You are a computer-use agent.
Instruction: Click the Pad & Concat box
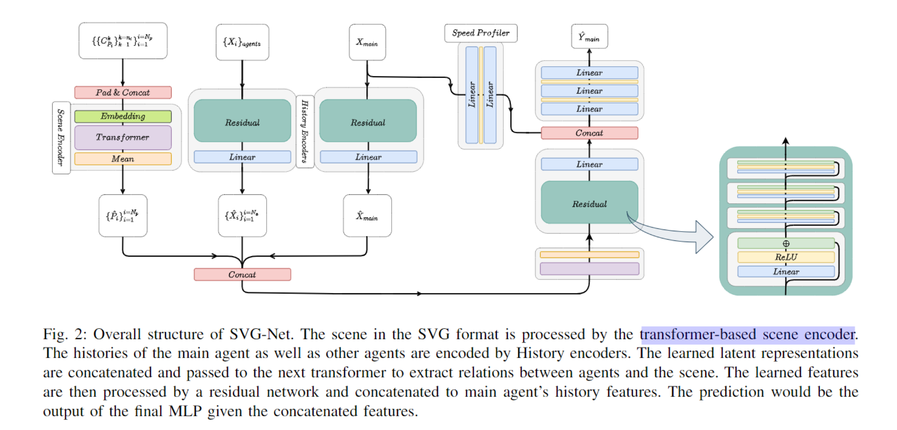click(x=123, y=93)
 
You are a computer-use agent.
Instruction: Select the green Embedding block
click(x=123, y=116)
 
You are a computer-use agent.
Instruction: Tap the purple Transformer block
click(x=123, y=137)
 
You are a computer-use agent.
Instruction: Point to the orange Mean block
click(x=123, y=159)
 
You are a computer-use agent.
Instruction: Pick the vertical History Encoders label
click(x=305, y=131)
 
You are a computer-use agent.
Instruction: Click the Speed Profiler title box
click(x=480, y=33)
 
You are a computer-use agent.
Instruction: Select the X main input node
click(x=367, y=42)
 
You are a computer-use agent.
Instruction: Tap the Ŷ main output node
click(x=589, y=37)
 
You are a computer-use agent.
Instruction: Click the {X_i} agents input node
click(x=242, y=42)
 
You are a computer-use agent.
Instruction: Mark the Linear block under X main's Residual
click(x=368, y=157)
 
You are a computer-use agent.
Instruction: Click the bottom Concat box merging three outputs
click(x=242, y=275)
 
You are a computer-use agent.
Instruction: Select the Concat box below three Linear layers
click(x=589, y=133)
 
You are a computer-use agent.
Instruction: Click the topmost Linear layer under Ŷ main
click(x=589, y=73)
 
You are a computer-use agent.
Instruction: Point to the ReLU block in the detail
click(x=786, y=257)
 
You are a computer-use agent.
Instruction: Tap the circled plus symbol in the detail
click(x=786, y=244)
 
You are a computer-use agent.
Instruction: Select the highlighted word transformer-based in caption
click(x=698, y=335)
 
